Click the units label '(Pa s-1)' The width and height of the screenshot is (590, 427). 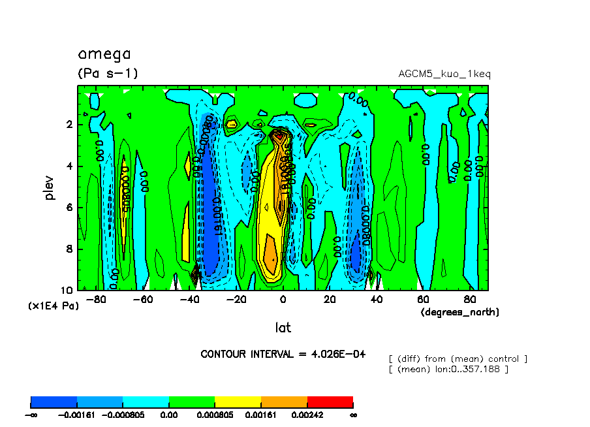pyautogui.click(x=108, y=73)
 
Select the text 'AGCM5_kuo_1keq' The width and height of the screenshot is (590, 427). pyautogui.click(x=444, y=74)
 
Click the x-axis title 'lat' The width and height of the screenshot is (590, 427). pyautogui.click(x=283, y=327)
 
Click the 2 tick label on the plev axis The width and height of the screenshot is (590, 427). pyautogui.click(x=69, y=125)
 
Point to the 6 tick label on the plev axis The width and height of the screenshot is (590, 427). pyautogui.click(x=69, y=208)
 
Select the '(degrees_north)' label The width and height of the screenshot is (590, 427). pyautogui.click(x=459, y=312)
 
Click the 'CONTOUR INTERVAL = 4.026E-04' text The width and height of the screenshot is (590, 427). pyautogui.click(x=283, y=354)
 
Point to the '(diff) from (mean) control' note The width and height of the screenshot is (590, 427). pyautogui.click(x=458, y=359)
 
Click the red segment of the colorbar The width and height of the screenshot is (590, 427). pyautogui.click(x=330, y=402)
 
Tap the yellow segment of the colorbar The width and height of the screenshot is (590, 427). pyautogui.click(x=238, y=402)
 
